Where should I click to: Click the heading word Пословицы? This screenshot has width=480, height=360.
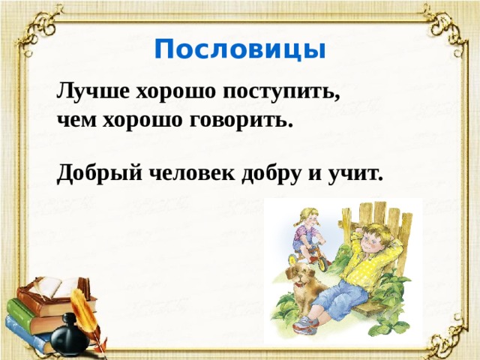point(240,49)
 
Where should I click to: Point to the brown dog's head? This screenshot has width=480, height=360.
point(304,277)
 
